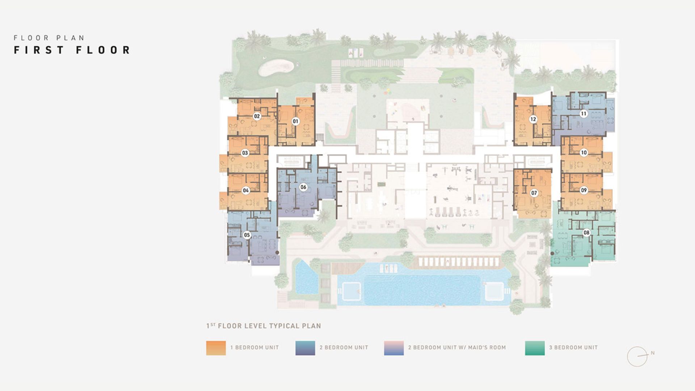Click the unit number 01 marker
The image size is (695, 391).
click(296, 121)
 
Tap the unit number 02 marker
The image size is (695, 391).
click(257, 116)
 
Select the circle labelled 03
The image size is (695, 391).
click(245, 153)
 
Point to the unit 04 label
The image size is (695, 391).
click(246, 190)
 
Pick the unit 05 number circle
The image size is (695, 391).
click(247, 235)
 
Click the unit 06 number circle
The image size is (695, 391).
click(303, 187)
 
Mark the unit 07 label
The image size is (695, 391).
click(534, 193)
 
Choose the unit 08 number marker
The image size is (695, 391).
click(586, 233)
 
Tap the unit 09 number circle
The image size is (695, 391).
click(584, 190)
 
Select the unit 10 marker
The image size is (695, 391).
click(584, 153)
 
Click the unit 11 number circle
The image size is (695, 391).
click(584, 114)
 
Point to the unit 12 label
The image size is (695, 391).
click(533, 119)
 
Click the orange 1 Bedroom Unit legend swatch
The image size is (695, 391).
click(216, 348)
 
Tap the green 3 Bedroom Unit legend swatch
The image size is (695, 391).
click(535, 348)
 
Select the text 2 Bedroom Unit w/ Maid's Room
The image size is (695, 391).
click(457, 348)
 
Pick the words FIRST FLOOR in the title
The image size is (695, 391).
click(72, 50)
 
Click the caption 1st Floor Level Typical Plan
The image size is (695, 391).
click(264, 326)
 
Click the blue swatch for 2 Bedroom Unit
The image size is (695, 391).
click(305, 348)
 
